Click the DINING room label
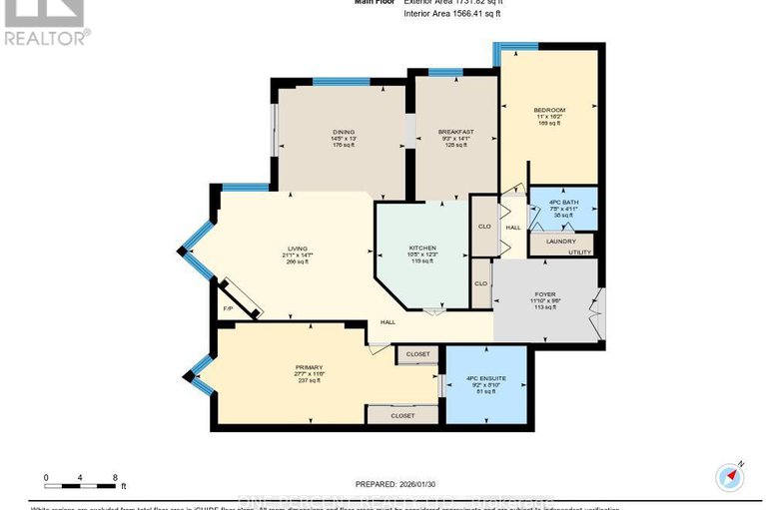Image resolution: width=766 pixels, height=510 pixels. [x=344, y=131]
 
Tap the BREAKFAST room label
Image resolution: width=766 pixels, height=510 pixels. [x=455, y=131]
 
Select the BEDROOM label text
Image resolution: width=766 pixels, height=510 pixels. [x=549, y=110]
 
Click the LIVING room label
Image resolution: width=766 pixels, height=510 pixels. [x=297, y=248]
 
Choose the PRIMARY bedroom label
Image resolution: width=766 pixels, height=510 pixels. [x=308, y=366]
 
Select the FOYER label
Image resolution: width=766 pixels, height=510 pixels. [x=545, y=294]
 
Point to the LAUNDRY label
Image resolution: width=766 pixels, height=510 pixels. [x=559, y=240]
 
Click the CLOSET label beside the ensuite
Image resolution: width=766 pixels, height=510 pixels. [x=417, y=353]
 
